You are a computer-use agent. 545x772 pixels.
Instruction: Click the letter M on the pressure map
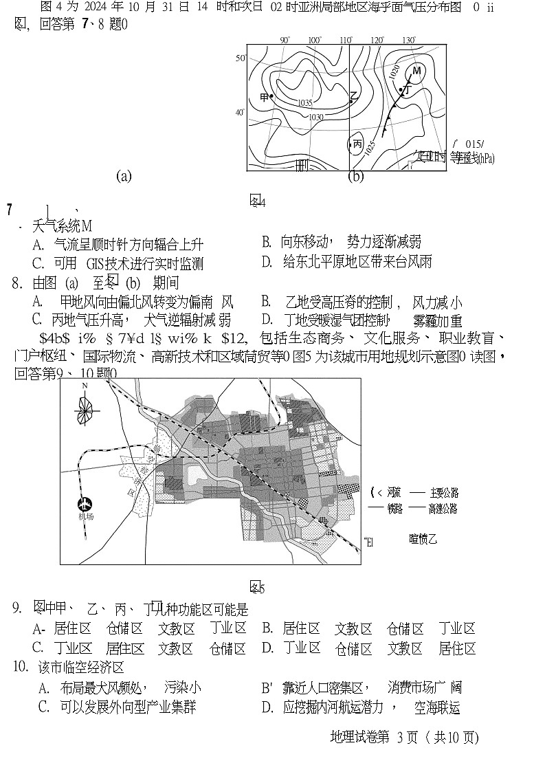[x=416, y=71]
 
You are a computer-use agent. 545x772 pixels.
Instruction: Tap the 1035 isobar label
[x=306, y=103]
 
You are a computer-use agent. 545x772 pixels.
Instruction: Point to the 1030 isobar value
[x=315, y=117]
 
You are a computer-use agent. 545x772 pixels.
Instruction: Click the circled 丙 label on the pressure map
[x=357, y=144]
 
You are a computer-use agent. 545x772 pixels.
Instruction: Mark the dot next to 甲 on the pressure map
[x=272, y=97]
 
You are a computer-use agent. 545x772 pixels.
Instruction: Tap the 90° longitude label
[x=285, y=41]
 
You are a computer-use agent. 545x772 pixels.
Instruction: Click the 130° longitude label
[x=409, y=41]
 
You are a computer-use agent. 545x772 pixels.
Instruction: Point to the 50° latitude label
[x=241, y=58]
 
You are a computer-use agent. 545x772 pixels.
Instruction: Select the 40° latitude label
[x=241, y=112]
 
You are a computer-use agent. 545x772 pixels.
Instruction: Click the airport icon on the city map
[x=85, y=505]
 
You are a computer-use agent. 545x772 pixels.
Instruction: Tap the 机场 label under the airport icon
[x=86, y=517]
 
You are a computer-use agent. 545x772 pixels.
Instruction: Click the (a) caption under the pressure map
[x=124, y=176]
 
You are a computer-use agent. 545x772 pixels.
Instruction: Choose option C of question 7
[x=118, y=264]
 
